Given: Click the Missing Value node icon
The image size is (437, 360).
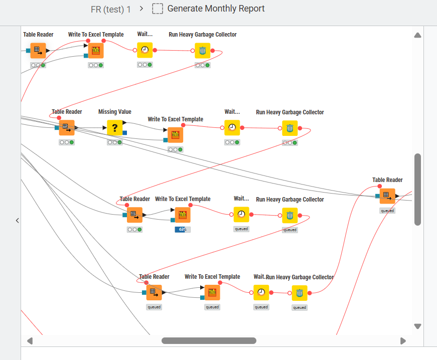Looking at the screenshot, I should click(x=115, y=128).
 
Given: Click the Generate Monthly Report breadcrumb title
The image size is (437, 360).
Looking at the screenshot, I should click(x=216, y=9).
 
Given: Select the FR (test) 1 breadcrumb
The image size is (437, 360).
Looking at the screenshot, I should click(x=111, y=9).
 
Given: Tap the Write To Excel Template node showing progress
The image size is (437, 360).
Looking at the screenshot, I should click(x=183, y=215).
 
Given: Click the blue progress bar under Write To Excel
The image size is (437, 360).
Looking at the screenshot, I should click(x=183, y=230).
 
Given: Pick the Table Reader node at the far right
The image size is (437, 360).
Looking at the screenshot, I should click(x=387, y=196).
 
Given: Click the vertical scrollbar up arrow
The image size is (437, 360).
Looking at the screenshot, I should click(x=417, y=35).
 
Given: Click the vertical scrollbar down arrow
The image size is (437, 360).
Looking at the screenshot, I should click(x=417, y=326).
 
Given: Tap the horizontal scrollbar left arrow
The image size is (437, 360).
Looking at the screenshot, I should click(x=30, y=341).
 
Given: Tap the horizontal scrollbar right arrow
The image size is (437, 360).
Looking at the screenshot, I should click(x=403, y=341).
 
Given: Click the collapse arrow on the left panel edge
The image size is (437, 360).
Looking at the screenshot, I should click(x=17, y=220).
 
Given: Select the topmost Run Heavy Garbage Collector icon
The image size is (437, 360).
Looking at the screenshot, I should click(x=203, y=51).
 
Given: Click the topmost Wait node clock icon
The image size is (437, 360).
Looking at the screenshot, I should click(x=145, y=50).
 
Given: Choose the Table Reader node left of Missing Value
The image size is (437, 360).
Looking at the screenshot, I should click(x=67, y=127).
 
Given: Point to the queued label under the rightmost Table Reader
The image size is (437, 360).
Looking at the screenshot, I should click(x=387, y=211).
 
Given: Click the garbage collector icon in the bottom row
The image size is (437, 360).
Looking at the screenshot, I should click(x=300, y=293).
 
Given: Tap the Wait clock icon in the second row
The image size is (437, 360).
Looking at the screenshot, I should click(x=232, y=127).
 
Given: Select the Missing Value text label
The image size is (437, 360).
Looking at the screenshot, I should click(x=115, y=112).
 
